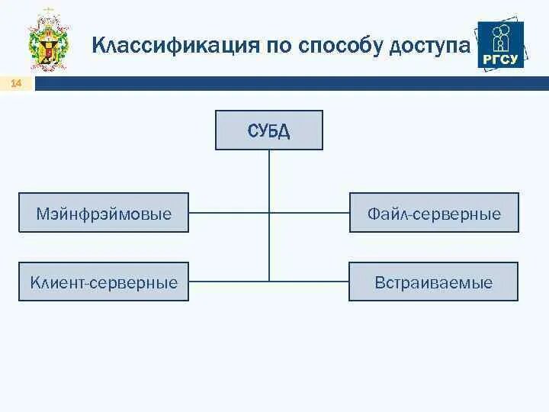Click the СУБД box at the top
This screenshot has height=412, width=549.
pyautogui.click(x=268, y=130)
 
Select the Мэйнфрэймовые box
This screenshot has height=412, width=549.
pyautogui.click(x=104, y=213)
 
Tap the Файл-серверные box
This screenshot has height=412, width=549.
pyautogui.click(x=433, y=213)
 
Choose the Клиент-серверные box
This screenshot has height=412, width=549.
pyautogui.click(x=104, y=282)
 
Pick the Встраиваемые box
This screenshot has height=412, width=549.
pyautogui.click(x=433, y=282)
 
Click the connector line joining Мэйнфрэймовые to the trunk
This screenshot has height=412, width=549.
pyautogui.click(x=228, y=213)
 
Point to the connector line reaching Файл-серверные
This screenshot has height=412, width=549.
pyautogui.click(x=309, y=213)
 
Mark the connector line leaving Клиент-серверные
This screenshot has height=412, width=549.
pyautogui.click(x=228, y=282)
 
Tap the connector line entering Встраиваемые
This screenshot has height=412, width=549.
pyautogui.click(x=309, y=282)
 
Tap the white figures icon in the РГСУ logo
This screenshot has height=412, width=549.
pyautogui.click(x=501, y=37)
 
